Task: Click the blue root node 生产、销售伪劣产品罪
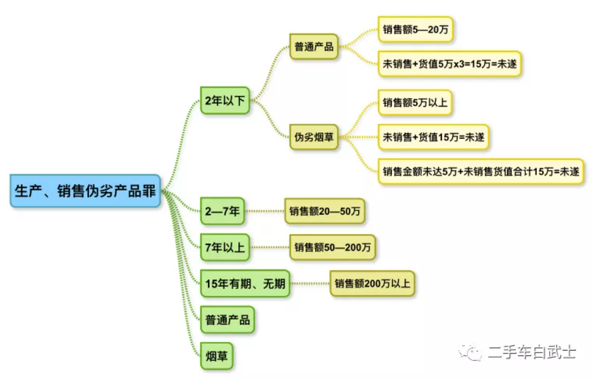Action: [x=85, y=191]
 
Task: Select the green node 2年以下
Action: [x=225, y=101]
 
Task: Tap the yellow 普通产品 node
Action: [x=314, y=46]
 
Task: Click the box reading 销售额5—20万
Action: [x=416, y=29]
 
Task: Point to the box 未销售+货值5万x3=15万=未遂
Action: [x=450, y=63]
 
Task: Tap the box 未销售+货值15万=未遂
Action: [x=433, y=137]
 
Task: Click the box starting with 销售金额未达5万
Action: [x=480, y=171]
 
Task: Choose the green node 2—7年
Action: [x=223, y=212]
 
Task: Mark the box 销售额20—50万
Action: [x=325, y=212]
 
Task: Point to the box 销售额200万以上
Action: [x=372, y=283]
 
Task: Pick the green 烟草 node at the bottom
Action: [x=216, y=355]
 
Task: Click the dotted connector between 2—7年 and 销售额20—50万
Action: [x=265, y=212]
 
